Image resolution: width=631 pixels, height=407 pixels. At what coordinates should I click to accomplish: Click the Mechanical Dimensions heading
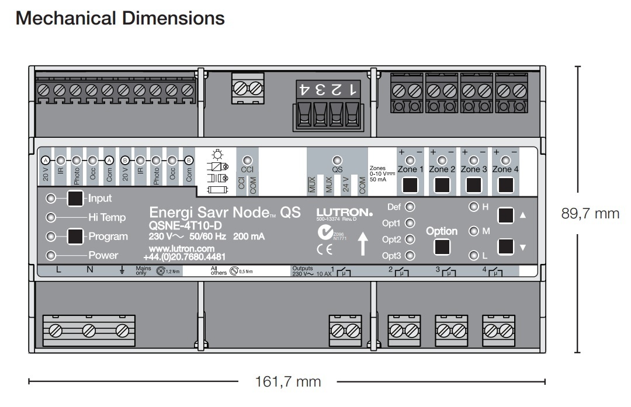(x=120, y=18)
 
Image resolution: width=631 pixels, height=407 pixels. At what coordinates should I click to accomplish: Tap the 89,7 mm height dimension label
(x=590, y=213)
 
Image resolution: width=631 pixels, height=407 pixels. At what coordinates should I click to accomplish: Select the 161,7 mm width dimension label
(x=288, y=382)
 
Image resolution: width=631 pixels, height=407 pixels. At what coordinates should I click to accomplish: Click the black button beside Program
(x=75, y=236)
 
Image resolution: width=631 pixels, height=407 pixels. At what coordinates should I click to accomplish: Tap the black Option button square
(x=442, y=247)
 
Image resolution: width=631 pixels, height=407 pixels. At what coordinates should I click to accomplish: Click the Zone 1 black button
(x=410, y=185)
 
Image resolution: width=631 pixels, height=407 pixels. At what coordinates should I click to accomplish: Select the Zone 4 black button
(x=505, y=185)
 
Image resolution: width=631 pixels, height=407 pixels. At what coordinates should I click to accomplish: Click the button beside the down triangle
(x=505, y=247)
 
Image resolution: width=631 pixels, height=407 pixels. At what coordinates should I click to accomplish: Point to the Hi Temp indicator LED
(x=51, y=217)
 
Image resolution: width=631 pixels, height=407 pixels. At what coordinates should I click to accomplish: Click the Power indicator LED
(x=51, y=255)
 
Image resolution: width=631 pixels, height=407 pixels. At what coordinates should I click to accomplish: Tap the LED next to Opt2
(x=410, y=239)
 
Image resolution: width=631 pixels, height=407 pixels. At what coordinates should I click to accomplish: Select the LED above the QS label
(x=337, y=159)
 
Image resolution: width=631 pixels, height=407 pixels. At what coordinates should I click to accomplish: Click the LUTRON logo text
(x=344, y=212)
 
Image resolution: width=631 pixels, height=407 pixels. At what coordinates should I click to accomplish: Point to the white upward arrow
(x=363, y=243)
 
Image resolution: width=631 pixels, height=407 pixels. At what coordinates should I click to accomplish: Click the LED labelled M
(x=473, y=231)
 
